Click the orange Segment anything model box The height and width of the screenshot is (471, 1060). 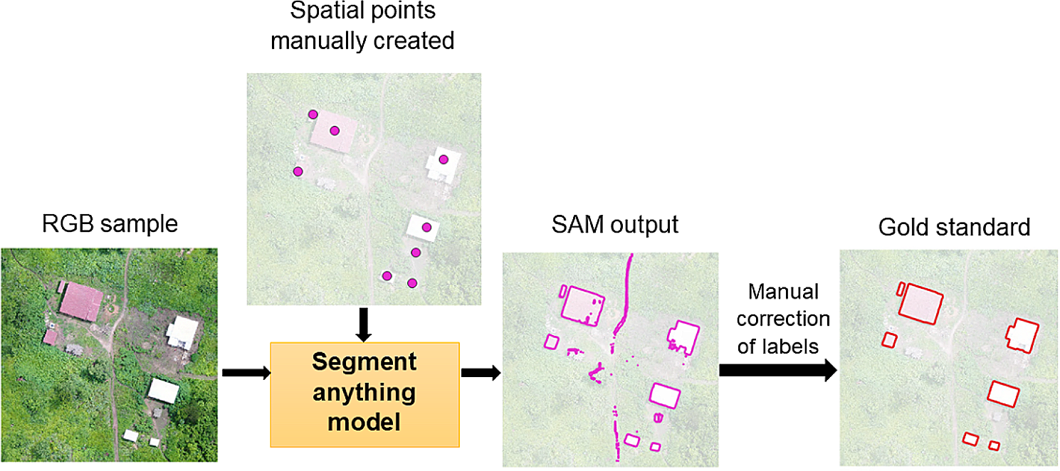coord(364,393)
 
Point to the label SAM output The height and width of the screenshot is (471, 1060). coord(615,225)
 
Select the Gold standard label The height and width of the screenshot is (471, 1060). coord(954,227)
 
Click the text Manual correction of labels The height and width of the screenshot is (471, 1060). coord(783,319)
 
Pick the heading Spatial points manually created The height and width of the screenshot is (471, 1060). coord(362,26)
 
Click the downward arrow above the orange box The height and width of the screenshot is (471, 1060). coord(364,323)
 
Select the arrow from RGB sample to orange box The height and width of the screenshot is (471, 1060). coord(246,372)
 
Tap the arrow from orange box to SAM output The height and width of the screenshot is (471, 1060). coord(481,372)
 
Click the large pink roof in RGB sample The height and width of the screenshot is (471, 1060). coord(80,301)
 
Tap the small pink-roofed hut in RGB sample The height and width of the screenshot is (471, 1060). coord(50,336)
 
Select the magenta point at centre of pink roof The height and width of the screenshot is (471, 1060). coord(335,130)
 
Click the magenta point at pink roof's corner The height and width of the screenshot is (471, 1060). coord(313,114)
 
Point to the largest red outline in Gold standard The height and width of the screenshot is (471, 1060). coord(920,302)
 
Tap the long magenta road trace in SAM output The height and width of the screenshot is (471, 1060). coord(626,292)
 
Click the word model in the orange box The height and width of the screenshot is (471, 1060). coord(364,423)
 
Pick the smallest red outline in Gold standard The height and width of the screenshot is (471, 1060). coord(995,445)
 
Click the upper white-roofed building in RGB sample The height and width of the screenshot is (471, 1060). coord(182,332)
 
